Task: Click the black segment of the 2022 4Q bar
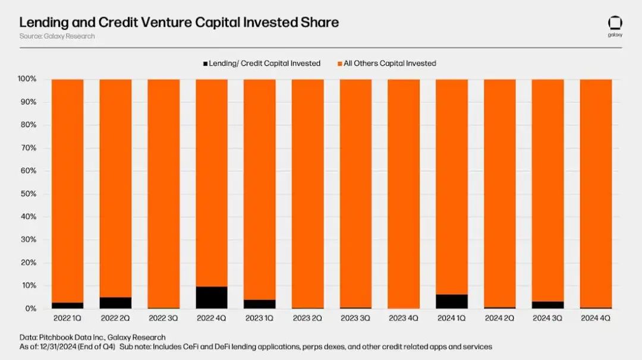(212, 298)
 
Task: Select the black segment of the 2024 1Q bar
(452, 302)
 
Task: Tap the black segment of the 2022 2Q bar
(115, 303)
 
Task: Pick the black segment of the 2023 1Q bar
(260, 304)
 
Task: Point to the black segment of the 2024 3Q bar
(547, 305)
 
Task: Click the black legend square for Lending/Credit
(206, 64)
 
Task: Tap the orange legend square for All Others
(340, 64)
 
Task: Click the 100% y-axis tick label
(27, 79)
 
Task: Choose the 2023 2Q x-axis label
(307, 318)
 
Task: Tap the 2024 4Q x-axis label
(595, 318)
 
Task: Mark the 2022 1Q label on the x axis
(68, 318)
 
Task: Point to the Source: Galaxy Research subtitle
(56, 36)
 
